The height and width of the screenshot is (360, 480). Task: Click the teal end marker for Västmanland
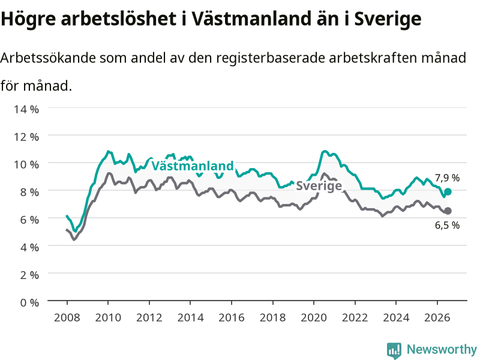[448, 191]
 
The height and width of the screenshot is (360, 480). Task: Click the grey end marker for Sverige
[448, 211]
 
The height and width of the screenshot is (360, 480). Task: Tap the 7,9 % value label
[447, 178]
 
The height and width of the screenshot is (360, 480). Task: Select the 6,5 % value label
[447, 226]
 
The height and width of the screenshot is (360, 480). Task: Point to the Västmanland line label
[193, 166]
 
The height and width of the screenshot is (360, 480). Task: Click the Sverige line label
[319, 186]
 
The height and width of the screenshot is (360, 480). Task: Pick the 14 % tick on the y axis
[26, 109]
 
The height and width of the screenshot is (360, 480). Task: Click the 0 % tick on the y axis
[29, 302]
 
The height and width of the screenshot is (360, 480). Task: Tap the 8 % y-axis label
[29, 192]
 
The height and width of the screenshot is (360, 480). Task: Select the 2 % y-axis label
[29, 275]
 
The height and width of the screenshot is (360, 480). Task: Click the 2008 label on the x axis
[67, 317]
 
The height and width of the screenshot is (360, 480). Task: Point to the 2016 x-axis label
[232, 317]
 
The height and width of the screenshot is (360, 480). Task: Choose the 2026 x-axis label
[437, 317]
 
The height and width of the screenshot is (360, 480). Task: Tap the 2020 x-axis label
[314, 317]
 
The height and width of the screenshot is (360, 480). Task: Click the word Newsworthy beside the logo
[442, 349]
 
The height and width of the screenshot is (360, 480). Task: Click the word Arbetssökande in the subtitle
[48, 58]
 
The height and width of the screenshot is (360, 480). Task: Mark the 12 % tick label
[26, 137]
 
